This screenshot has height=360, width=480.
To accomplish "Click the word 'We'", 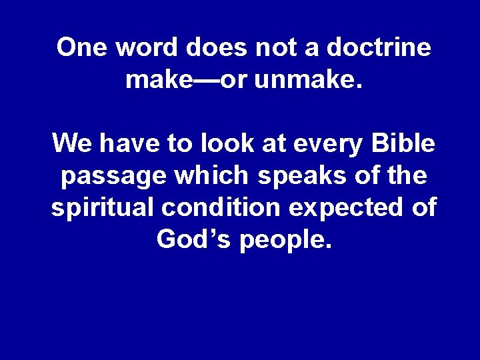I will tap(70, 143).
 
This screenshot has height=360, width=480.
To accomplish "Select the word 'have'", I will tap(123, 143).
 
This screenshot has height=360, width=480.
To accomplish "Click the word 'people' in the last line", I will tap(280, 240).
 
